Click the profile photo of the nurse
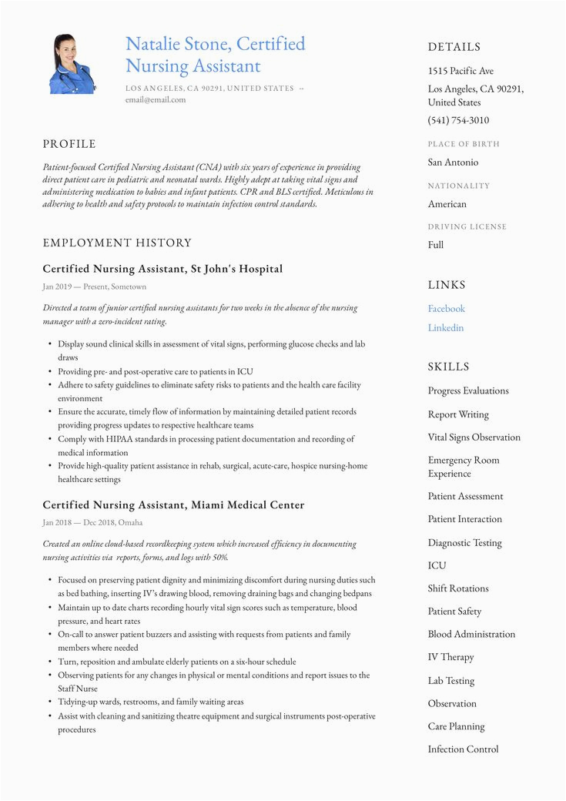[72, 64]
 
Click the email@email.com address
[156, 99]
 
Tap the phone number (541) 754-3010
[458, 120]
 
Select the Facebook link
[447, 309]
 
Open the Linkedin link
[446, 328]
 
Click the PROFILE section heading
[69, 144]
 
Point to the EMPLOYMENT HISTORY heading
[117, 243]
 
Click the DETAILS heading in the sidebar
[454, 47]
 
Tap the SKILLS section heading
[449, 367]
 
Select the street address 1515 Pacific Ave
[461, 71]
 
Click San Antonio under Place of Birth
[453, 163]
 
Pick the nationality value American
[447, 204]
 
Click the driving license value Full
[436, 245]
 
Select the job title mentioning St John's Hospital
[162, 269]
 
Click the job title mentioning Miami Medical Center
[173, 505]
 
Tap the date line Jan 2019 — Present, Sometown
[94, 287]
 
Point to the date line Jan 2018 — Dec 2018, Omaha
[92, 522]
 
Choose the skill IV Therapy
[451, 657]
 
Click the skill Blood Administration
[471, 635]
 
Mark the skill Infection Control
[463, 749]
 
